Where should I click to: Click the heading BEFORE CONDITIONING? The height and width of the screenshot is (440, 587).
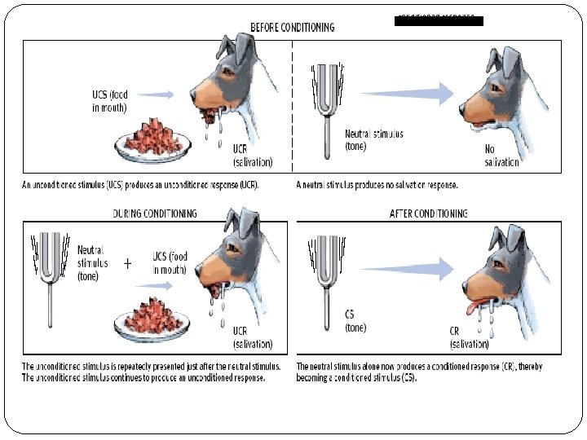[292, 28]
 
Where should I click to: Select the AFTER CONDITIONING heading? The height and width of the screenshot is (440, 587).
[428, 213]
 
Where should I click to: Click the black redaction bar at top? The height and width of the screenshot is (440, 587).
[439, 20]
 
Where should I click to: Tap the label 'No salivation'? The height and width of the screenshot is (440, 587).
[501, 156]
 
